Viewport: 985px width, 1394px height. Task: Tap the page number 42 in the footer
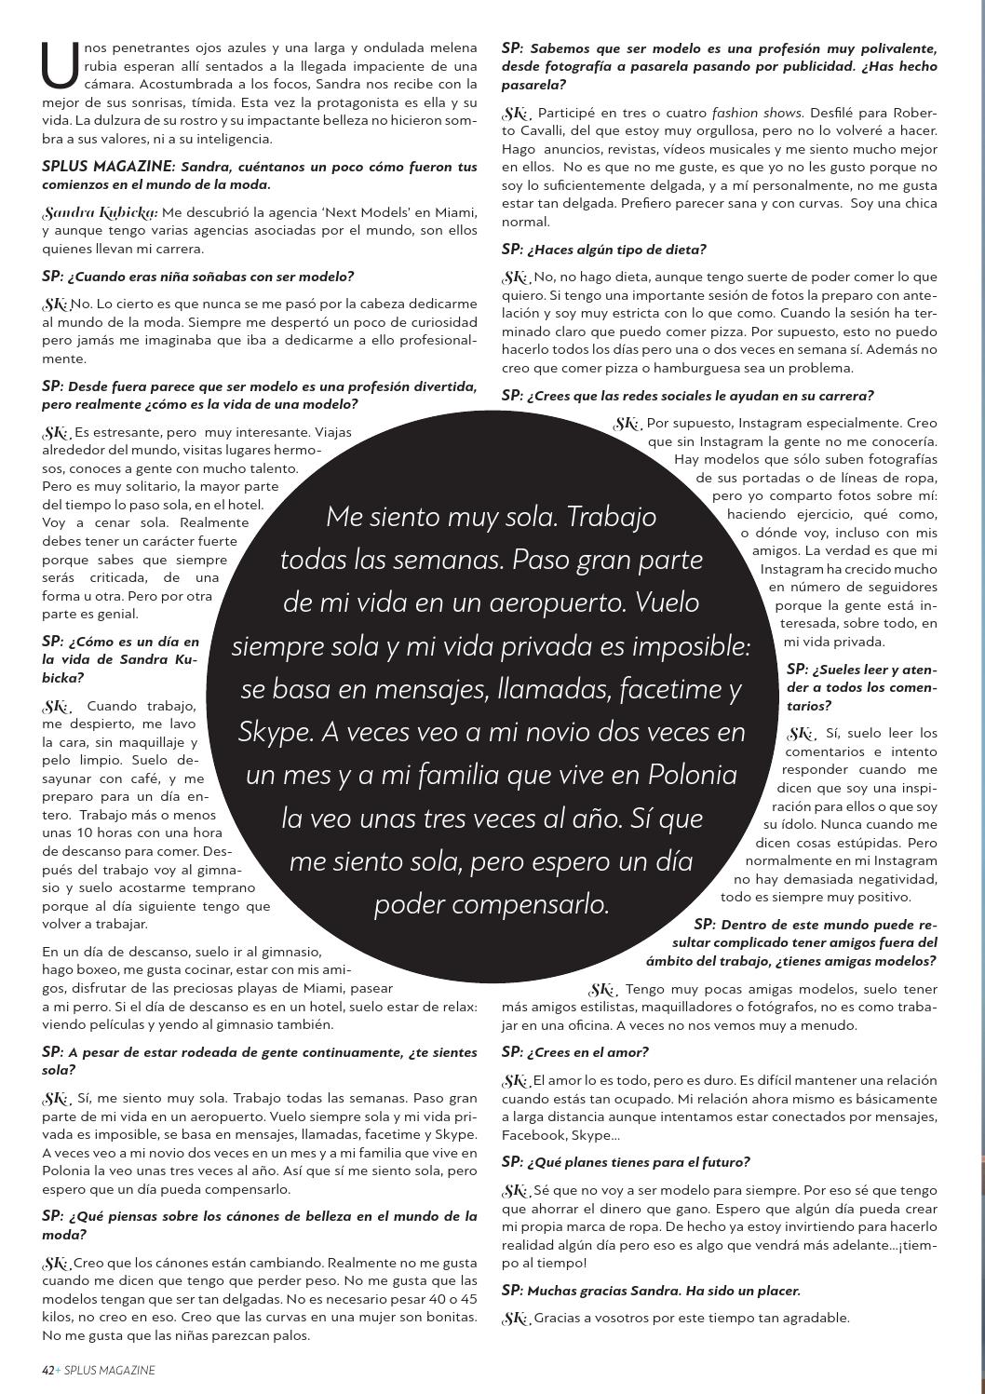point(47,1370)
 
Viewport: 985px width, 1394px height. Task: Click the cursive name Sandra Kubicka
point(100,213)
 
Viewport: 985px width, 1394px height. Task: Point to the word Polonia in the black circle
point(692,775)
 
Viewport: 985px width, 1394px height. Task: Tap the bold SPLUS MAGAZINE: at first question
point(108,167)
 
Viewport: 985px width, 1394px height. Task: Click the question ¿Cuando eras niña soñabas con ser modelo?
point(197,277)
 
